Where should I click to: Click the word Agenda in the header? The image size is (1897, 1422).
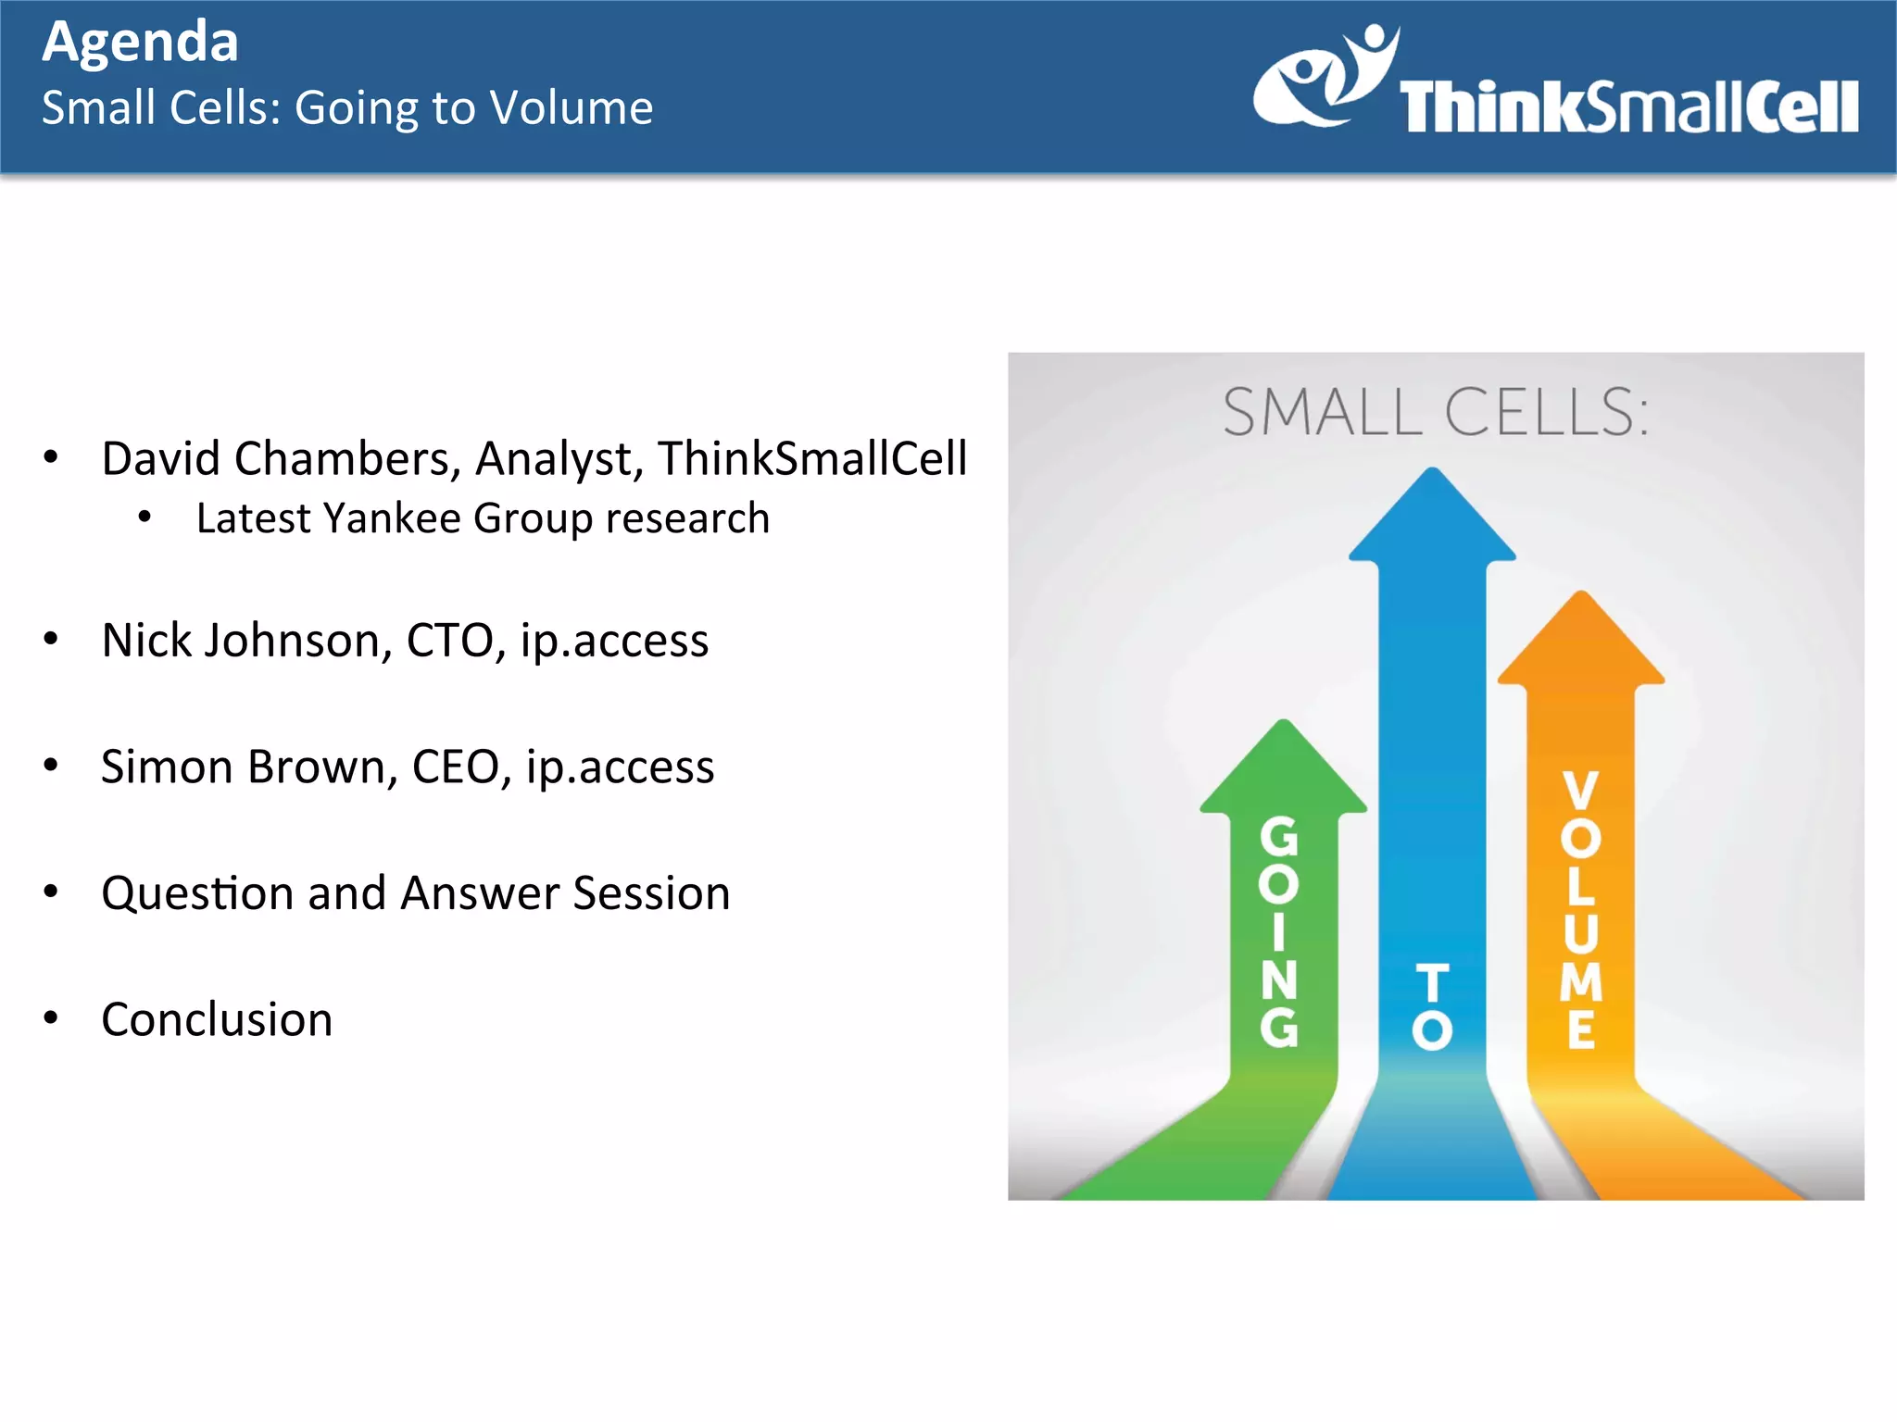click(141, 43)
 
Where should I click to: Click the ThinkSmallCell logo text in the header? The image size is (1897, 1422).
click(1627, 107)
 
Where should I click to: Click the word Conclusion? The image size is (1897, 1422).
click(217, 1020)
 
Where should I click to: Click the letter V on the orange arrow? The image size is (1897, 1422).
click(1580, 790)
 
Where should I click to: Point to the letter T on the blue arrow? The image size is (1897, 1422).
click(1432, 983)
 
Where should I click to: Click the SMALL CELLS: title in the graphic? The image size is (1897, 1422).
click(1435, 412)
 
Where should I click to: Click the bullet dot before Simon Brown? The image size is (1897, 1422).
click(52, 766)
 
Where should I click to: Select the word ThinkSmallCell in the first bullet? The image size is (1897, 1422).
click(812, 459)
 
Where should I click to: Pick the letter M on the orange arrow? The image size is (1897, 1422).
click(1580, 982)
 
